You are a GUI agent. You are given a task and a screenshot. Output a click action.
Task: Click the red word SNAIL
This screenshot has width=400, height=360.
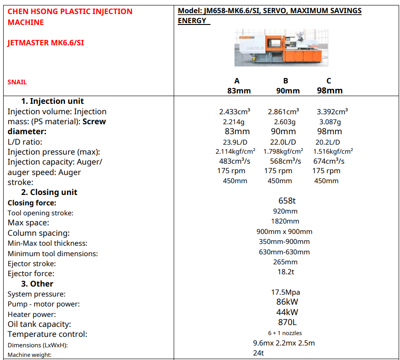pyautogui.click(x=17, y=82)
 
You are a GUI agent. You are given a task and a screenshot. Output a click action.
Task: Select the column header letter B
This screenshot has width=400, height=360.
pyautogui.click(x=286, y=81)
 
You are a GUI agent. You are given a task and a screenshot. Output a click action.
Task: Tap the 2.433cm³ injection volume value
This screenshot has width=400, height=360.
pyautogui.click(x=235, y=112)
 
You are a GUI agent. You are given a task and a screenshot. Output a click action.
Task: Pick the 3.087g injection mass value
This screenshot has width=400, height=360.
pyautogui.click(x=330, y=122)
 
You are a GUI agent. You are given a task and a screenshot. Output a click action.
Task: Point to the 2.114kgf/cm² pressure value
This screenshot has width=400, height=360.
pyautogui.click(x=235, y=151)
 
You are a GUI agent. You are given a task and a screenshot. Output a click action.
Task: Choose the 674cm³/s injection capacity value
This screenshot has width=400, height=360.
pyautogui.click(x=329, y=161)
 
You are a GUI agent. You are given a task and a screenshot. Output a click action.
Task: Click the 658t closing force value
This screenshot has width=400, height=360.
pyautogui.click(x=287, y=200)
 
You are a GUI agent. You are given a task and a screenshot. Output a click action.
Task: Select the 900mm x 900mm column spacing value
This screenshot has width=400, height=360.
pyautogui.click(x=284, y=231)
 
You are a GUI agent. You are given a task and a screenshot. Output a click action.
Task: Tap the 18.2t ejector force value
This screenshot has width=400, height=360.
pyautogui.click(x=286, y=272)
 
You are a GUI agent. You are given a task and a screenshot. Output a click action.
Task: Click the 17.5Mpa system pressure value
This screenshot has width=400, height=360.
pyautogui.click(x=286, y=292)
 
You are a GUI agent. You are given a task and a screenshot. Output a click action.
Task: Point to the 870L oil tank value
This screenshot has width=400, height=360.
pyautogui.click(x=287, y=322)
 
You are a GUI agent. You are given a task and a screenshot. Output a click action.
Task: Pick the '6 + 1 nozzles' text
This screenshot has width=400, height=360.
pyautogui.click(x=285, y=333)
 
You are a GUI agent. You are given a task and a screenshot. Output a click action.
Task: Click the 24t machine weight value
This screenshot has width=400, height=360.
pyautogui.click(x=259, y=353)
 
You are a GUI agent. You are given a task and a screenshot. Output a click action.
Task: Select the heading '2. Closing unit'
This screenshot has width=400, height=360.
pyautogui.click(x=49, y=192)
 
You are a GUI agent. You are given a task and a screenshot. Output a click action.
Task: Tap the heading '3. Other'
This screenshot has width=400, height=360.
pyautogui.click(x=37, y=284)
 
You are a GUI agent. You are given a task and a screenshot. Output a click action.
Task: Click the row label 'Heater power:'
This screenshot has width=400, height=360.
pyautogui.click(x=32, y=314)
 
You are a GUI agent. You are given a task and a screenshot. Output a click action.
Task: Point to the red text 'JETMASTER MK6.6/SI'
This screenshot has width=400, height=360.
pyautogui.click(x=46, y=43)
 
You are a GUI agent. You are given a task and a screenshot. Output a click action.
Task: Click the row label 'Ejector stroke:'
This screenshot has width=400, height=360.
pyautogui.click(x=32, y=263)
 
